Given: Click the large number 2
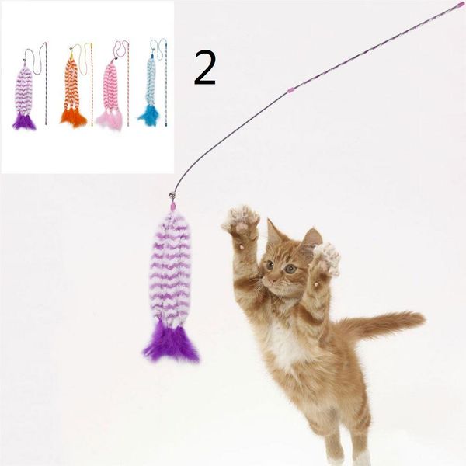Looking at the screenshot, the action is [x=205, y=68].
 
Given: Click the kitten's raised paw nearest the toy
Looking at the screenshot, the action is [x=240, y=221].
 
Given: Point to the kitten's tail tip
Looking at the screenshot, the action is [x=418, y=318].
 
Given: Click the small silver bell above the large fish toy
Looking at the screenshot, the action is [x=172, y=195].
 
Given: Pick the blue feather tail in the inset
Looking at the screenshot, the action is [x=148, y=116].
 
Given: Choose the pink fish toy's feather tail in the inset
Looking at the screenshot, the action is [x=110, y=120].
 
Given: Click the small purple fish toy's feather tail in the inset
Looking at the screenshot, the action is [x=24, y=122].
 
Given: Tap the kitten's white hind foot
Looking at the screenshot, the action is [x=362, y=458].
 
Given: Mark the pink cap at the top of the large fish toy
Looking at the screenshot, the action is [x=172, y=206].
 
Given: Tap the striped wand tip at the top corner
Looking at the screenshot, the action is [x=462, y=4].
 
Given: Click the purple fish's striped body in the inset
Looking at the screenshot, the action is [x=23, y=89].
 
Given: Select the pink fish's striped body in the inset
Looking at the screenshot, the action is [x=110, y=86].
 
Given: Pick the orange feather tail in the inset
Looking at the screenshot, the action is [x=73, y=118].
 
